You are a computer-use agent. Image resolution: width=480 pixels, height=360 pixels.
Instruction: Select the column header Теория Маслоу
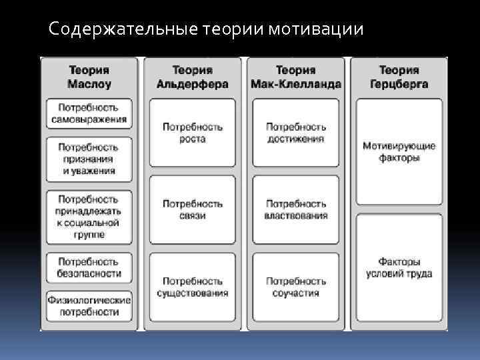pos(89,77)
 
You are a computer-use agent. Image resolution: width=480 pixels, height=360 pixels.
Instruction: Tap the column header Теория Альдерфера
pos(192,77)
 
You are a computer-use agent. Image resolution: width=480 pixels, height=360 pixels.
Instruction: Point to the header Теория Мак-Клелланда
pos(295,77)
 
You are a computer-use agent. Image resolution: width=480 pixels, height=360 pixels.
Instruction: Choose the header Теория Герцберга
pos(399,77)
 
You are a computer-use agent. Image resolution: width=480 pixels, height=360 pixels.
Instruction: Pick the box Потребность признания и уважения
pos(89,159)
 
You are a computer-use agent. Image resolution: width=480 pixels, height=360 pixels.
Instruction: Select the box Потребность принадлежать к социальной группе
pos(89,217)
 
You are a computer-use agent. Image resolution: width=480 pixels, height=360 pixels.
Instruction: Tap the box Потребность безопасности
pos(89,268)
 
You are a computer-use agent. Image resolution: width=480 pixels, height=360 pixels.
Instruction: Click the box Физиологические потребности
pos(89,306)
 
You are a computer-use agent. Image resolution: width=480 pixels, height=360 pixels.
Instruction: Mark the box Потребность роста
pos(192,133)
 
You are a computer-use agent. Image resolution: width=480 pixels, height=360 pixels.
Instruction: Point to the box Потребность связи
pos(192,209)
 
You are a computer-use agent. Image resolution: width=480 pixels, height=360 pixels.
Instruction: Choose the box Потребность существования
pos(192,287)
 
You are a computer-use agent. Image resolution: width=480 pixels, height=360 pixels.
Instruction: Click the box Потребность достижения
pos(295,133)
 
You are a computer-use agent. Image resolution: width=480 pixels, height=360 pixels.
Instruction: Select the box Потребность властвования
pos(295,209)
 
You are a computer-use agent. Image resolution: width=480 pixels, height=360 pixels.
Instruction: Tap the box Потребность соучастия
pos(295,287)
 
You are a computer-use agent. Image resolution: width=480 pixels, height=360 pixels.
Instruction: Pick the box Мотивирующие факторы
pos(399,152)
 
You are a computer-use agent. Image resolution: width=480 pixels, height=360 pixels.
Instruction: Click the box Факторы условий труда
pos(399,268)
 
